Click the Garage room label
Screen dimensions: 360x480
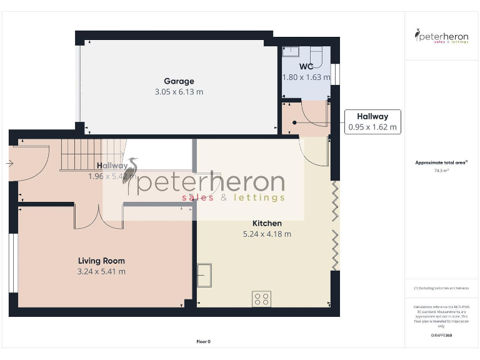pyautogui.click(x=179, y=81)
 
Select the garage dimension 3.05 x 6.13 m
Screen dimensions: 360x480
pyautogui.click(x=179, y=92)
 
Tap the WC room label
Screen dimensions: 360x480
pyautogui.click(x=306, y=67)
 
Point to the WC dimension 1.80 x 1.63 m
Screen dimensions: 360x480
pyautogui.click(x=306, y=77)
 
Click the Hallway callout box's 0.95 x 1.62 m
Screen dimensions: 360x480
pyautogui.click(x=372, y=127)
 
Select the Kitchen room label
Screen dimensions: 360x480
pyautogui.click(x=267, y=224)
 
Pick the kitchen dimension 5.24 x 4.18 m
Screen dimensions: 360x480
pyautogui.click(x=267, y=234)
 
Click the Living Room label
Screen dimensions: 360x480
pyautogui.click(x=101, y=261)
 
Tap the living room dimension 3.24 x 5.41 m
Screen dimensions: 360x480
pyautogui.click(x=101, y=272)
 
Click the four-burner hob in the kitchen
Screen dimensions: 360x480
pyautogui.click(x=261, y=299)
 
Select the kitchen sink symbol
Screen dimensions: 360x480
pyautogui.click(x=204, y=274)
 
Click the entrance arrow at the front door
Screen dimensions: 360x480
pyautogui.click(x=9, y=163)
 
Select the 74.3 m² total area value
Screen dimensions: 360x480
pyautogui.click(x=442, y=170)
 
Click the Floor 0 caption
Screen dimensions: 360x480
pyautogui.click(x=204, y=341)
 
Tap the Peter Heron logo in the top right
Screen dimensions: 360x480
pyautogui.click(x=442, y=36)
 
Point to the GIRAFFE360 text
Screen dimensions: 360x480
pyautogui.click(x=442, y=336)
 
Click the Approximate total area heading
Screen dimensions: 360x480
pyautogui.click(x=441, y=162)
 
